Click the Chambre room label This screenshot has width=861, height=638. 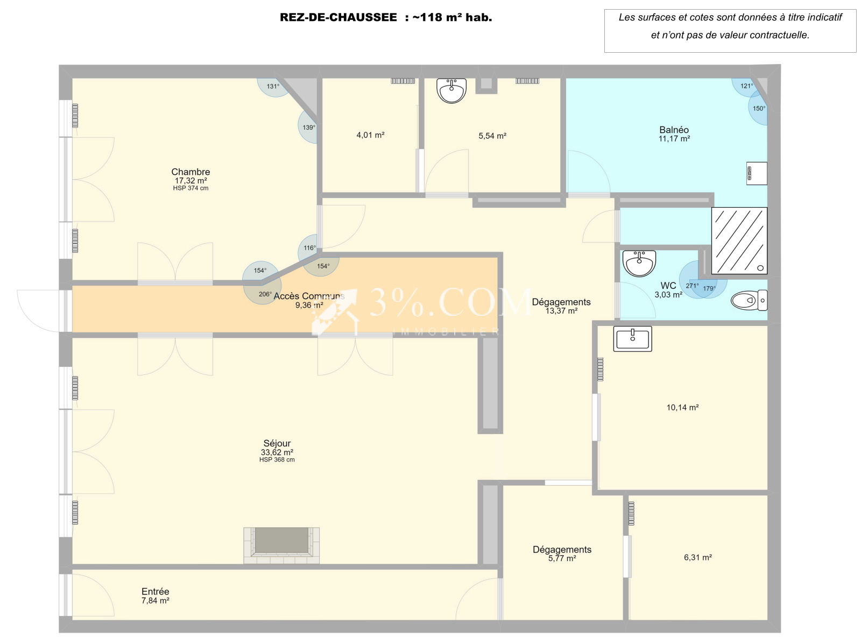190,172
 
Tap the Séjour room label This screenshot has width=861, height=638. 277,443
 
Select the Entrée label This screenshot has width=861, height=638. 156,591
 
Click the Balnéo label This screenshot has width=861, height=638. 674,130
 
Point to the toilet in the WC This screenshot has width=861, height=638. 749,300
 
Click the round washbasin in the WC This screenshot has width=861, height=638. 639,263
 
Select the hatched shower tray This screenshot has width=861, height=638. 739,240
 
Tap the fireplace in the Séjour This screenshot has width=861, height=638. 281,545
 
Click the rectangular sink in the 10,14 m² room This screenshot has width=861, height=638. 632,339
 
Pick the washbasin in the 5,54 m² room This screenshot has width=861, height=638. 451,91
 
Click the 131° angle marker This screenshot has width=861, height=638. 273,87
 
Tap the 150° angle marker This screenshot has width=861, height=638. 759,108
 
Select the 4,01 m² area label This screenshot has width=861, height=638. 370,135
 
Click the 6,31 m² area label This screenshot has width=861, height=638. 697,557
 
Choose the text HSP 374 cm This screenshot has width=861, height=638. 190,188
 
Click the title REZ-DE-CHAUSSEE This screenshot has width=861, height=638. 338,17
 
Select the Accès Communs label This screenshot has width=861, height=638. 309,296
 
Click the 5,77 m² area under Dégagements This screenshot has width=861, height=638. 562,558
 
